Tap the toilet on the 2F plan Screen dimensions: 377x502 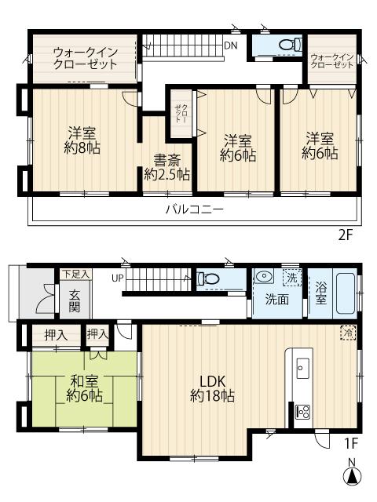(x=291, y=44)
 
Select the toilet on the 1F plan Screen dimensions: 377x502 (x=207, y=278)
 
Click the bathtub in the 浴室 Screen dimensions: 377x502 (x=345, y=293)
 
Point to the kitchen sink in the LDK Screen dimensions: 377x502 (x=302, y=368)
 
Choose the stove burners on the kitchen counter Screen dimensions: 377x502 (x=302, y=412)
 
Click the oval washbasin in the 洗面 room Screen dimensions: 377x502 (x=264, y=275)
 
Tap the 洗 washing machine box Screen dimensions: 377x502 (x=291, y=278)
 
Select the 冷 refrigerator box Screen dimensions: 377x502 (x=348, y=333)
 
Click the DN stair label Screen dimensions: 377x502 (x=230, y=45)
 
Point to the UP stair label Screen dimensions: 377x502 (x=117, y=278)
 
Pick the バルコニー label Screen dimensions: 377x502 (x=194, y=209)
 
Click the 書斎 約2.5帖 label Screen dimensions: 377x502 (x=167, y=167)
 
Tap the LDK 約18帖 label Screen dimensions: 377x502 (x=212, y=389)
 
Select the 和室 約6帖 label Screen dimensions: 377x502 (x=84, y=389)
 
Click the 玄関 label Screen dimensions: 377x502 (x=75, y=301)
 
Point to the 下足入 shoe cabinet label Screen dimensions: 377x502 (x=75, y=274)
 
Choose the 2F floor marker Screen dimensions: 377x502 (x=346, y=235)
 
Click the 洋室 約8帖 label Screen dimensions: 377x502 (x=82, y=140)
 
